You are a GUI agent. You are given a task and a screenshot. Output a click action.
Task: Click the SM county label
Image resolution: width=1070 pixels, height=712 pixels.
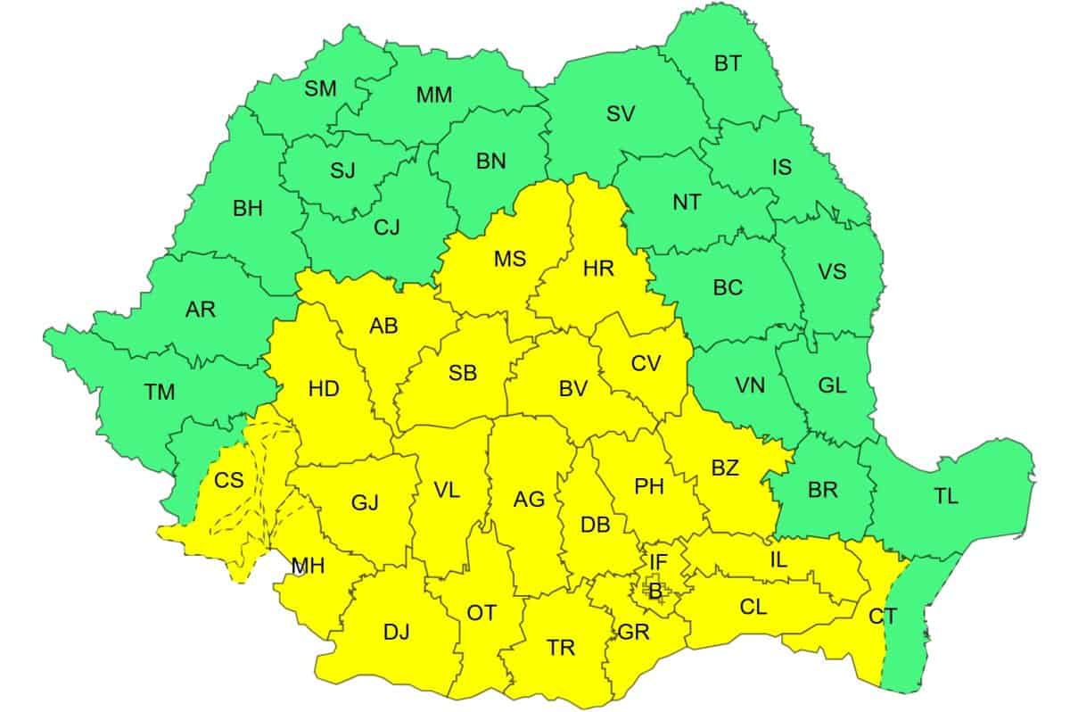point(320,88)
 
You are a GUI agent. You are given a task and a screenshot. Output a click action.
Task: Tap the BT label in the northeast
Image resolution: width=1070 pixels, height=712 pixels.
point(728,63)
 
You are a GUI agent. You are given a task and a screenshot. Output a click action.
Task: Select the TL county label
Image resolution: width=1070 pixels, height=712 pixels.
point(946,497)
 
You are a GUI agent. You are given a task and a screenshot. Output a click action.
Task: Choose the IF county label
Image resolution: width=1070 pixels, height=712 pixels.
point(658,562)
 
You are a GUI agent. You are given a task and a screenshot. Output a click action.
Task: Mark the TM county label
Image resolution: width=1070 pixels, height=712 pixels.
point(160,391)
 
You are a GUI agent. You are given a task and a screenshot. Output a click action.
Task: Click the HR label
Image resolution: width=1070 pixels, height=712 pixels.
point(597,268)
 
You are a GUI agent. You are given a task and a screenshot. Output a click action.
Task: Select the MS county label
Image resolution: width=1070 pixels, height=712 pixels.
point(510,260)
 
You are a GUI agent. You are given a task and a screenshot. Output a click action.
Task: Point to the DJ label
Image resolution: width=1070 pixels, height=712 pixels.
point(397,633)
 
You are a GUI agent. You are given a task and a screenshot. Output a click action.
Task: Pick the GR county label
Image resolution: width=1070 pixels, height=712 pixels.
point(633,633)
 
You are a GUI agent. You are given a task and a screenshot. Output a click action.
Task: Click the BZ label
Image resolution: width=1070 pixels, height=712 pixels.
point(725,468)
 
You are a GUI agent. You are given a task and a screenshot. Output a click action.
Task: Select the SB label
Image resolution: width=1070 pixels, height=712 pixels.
point(462,374)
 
